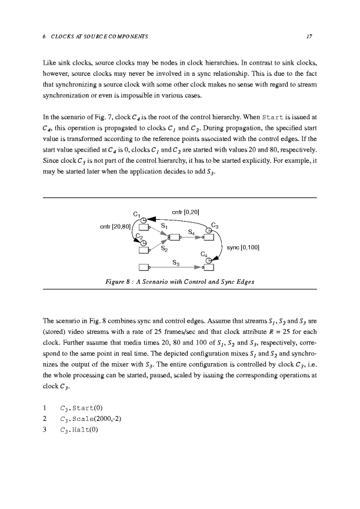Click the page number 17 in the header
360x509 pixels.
coord(309,36)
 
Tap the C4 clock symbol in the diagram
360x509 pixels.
coord(208,262)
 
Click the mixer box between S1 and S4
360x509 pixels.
coord(174,237)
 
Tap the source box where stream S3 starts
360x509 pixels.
coord(143,268)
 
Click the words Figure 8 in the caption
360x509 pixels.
coord(117,282)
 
